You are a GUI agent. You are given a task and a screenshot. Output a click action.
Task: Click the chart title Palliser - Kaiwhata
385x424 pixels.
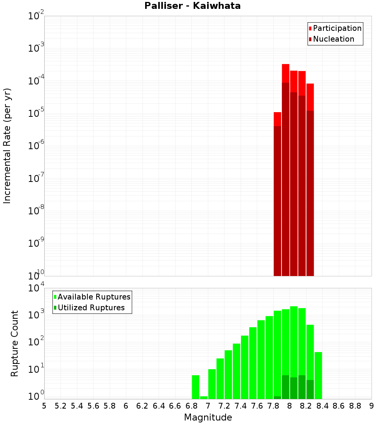click(192, 6)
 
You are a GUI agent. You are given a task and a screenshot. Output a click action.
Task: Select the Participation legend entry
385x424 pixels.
click(337, 28)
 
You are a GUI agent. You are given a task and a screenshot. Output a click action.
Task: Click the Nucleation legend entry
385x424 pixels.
click(333, 39)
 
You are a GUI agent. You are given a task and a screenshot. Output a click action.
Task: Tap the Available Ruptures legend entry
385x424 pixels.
click(94, 297)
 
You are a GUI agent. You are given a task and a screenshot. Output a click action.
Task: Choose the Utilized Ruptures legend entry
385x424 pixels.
click(91, 308)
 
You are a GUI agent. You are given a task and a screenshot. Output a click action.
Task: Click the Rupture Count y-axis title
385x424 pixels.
click(15, 343)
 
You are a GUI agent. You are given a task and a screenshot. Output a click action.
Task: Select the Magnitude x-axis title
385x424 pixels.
click(208, 417)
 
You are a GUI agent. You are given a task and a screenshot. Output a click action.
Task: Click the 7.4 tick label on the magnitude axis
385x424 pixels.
click(241, 406)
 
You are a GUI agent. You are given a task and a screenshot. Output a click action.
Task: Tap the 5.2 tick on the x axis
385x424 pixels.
click(60, 406)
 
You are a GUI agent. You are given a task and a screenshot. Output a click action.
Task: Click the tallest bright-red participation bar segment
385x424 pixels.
click(286, 73)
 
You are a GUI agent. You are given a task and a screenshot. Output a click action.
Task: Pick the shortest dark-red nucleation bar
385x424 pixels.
click(277, 200)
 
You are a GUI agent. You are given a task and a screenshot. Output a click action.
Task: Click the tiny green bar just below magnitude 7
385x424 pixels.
click(204, 397)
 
